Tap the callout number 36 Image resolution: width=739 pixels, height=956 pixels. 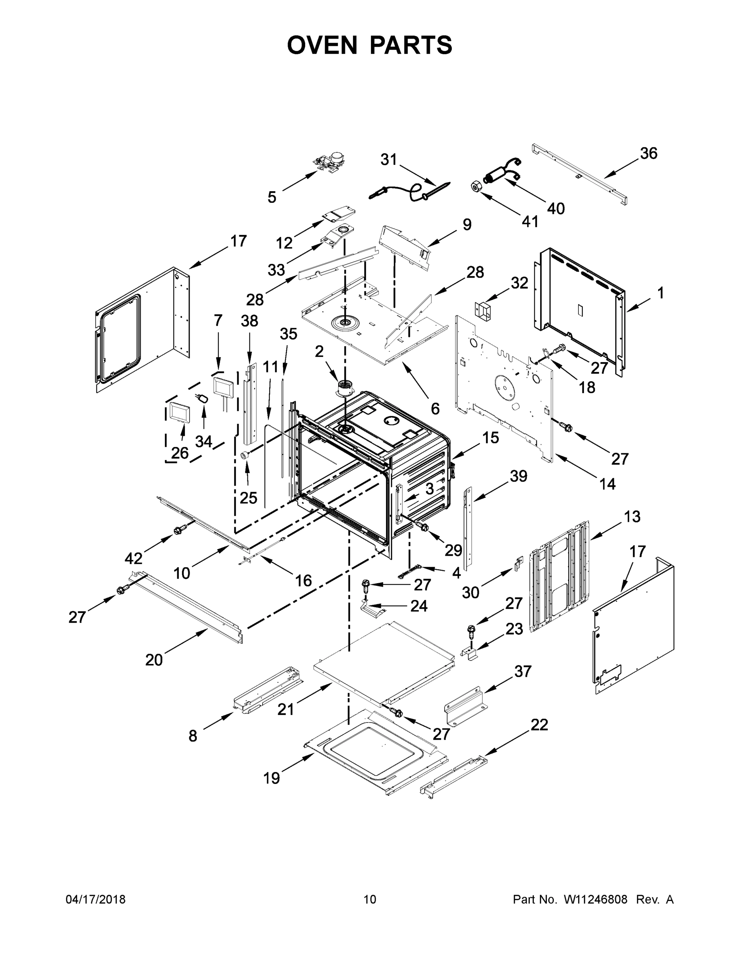point(649,153)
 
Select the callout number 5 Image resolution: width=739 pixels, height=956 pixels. point(272,198)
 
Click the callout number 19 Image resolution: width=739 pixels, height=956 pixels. point(271,778)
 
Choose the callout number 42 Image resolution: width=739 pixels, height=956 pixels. point(133,558)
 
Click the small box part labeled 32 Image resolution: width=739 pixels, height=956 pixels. point(483,310)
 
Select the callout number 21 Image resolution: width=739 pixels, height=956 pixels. point(286,709)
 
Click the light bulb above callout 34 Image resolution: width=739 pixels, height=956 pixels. point(203,398)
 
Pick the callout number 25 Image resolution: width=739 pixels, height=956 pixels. point(248,497)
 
